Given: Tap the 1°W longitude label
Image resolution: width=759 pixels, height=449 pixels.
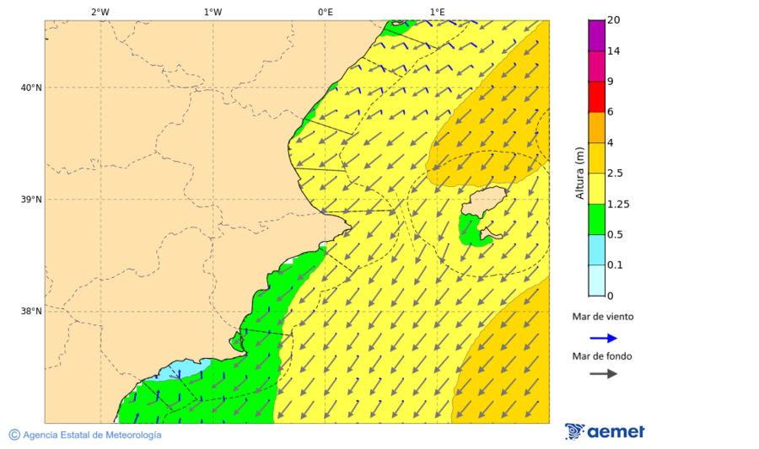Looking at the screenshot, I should coord(213,12).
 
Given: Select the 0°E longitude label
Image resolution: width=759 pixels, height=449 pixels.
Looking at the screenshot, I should coord(325,12).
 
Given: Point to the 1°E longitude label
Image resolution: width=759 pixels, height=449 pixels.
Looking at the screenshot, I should coord(438,12).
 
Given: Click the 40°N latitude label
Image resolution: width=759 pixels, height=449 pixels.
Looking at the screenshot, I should coord(31,88).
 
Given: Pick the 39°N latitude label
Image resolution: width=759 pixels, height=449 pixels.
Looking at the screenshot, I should coord(31,200).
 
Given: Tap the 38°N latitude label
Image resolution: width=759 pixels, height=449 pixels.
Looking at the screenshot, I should coord(31,312).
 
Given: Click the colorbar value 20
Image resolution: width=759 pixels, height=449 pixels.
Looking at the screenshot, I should coord(614,20).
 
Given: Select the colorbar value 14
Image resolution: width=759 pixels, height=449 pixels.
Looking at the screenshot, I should coord(614,51).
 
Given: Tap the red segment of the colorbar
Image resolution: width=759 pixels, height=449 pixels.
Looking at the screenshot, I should coord(596,97).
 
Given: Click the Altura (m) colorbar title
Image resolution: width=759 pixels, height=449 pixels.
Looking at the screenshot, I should coord(579,173).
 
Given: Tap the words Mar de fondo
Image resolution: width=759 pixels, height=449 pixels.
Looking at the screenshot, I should coord(602,356).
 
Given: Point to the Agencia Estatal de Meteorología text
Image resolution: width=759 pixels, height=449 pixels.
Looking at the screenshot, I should coord(91,435).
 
